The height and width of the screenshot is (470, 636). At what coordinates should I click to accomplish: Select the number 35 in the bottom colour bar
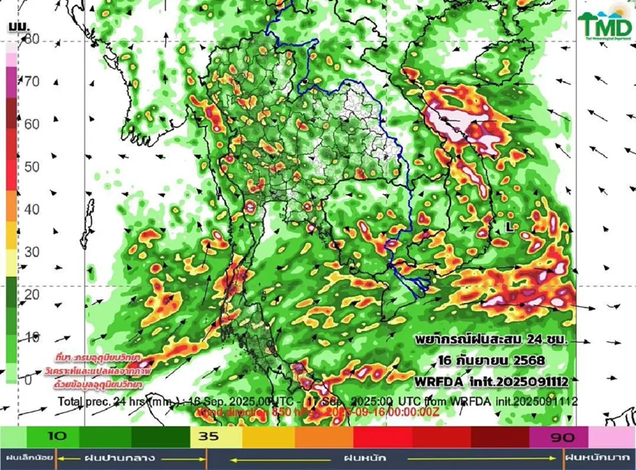click(x=207, y=437)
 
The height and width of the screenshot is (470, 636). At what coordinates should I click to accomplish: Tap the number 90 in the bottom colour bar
click(x=559, y=437)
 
